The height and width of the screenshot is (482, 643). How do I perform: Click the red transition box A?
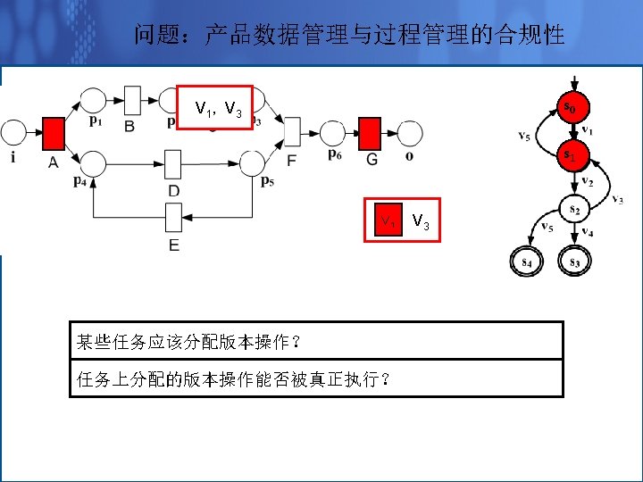pyautogui.click(x=54, y=133)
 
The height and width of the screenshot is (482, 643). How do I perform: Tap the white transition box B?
pyautogui.click(x=133, y=100)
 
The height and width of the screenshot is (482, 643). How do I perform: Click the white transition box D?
pyautogui.click(x=173, y=163)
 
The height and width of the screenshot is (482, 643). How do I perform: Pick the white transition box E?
pyautogui.click(x=173, y=216)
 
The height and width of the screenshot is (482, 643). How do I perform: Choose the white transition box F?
pyautogui.click(x=292, y=132)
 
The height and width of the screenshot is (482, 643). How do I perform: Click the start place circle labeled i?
pyautogui.click(x=13, y=133)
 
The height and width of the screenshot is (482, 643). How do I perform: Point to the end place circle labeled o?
pyautogui.click(x=410, y=133)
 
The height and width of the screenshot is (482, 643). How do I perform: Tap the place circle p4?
pyautogui.click(x=93, y=163)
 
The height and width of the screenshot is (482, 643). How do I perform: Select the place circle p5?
pyautogui.click(x=252, y=163)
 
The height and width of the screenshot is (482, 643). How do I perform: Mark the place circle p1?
pyautogui.click(x=93, y=99)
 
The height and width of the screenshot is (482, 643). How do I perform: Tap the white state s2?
pyautogui.click(x=572, y=210)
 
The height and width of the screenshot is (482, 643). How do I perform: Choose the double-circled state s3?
pyautogui.click(x=572, y=262)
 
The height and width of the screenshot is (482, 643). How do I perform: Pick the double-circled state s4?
pyautogui.click(x=526, y=262)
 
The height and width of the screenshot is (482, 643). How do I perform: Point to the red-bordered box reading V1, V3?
pyautogui.click(x=215, y=108)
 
